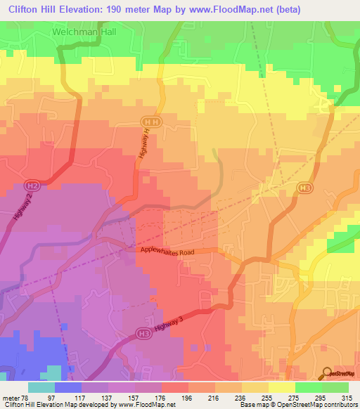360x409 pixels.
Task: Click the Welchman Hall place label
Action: (x=82, y=32)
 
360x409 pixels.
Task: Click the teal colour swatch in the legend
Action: (x=41, y=387)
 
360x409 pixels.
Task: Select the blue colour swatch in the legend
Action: (x=68, y=387)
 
